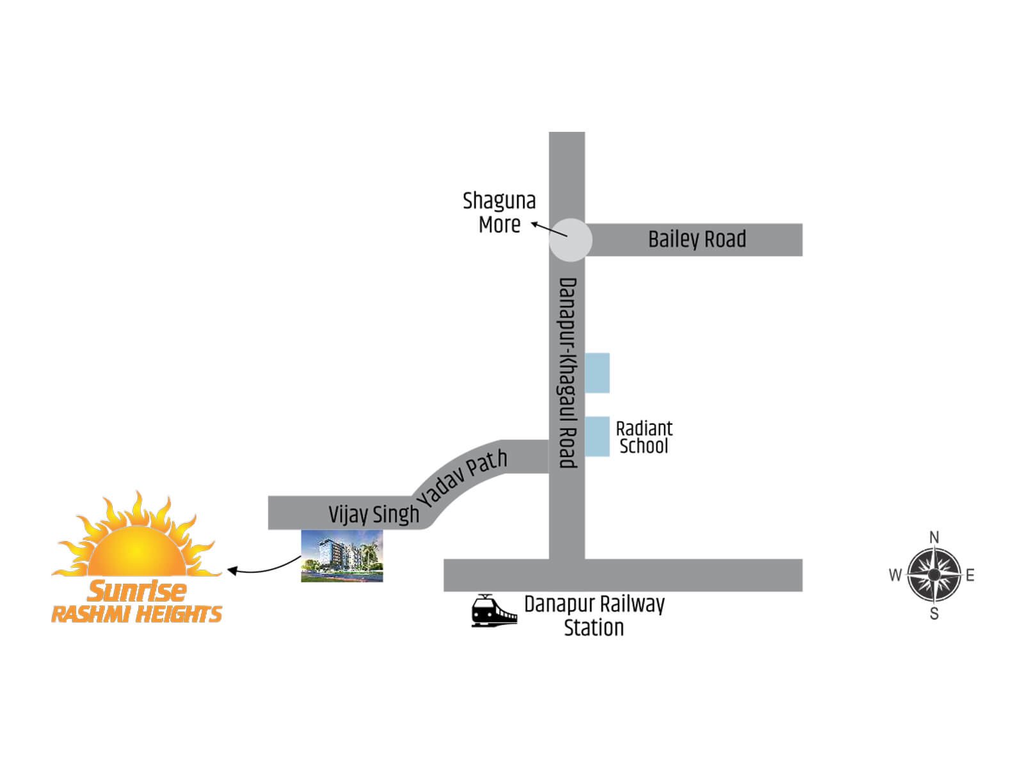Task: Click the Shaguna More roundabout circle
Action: click(570, 240)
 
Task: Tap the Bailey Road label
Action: click(697, 239)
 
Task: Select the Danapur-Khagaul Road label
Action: click(568, 372)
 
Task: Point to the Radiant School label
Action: click(644, 437)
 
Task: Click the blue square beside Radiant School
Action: click(597, 436)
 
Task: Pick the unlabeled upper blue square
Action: click(597, 372)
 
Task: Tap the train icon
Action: click(493, 611)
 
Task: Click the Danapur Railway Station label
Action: click(594, 616)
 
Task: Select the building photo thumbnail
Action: click(342, 556)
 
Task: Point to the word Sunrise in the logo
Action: click(137, 590)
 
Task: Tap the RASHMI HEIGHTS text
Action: click(136, 614)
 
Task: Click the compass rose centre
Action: click(934, 575)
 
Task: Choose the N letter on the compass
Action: click(934, 537)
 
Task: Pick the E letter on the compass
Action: click(970, 575)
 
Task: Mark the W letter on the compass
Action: click(895, 575)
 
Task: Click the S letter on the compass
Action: click(934, 614)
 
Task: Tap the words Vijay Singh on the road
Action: click(374, 514)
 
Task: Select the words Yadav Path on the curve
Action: click(463, 477)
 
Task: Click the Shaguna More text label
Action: click(499, 212)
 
